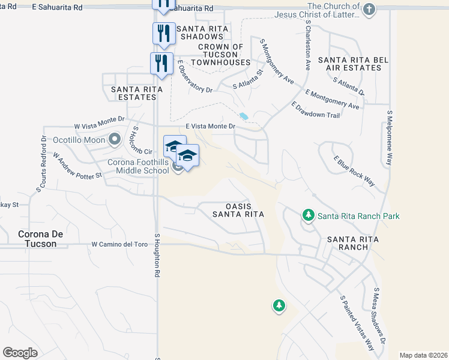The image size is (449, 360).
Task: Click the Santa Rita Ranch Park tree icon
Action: click(309, 215)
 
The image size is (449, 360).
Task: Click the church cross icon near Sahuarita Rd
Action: click(369, 10)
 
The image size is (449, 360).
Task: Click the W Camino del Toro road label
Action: click(119, 245)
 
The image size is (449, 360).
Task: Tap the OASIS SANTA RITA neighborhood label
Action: click(238, 209)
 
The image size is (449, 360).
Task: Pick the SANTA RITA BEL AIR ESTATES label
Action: click(349, 64)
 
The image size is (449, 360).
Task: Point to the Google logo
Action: click(20, 353)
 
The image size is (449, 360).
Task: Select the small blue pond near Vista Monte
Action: click(243, 116)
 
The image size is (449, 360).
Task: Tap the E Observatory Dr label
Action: click(195, 78)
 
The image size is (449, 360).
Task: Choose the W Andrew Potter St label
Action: click(77, 166)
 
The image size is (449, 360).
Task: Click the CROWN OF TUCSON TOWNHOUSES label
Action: click(224, 55)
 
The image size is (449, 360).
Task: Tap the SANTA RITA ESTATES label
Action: click(137, 92)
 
